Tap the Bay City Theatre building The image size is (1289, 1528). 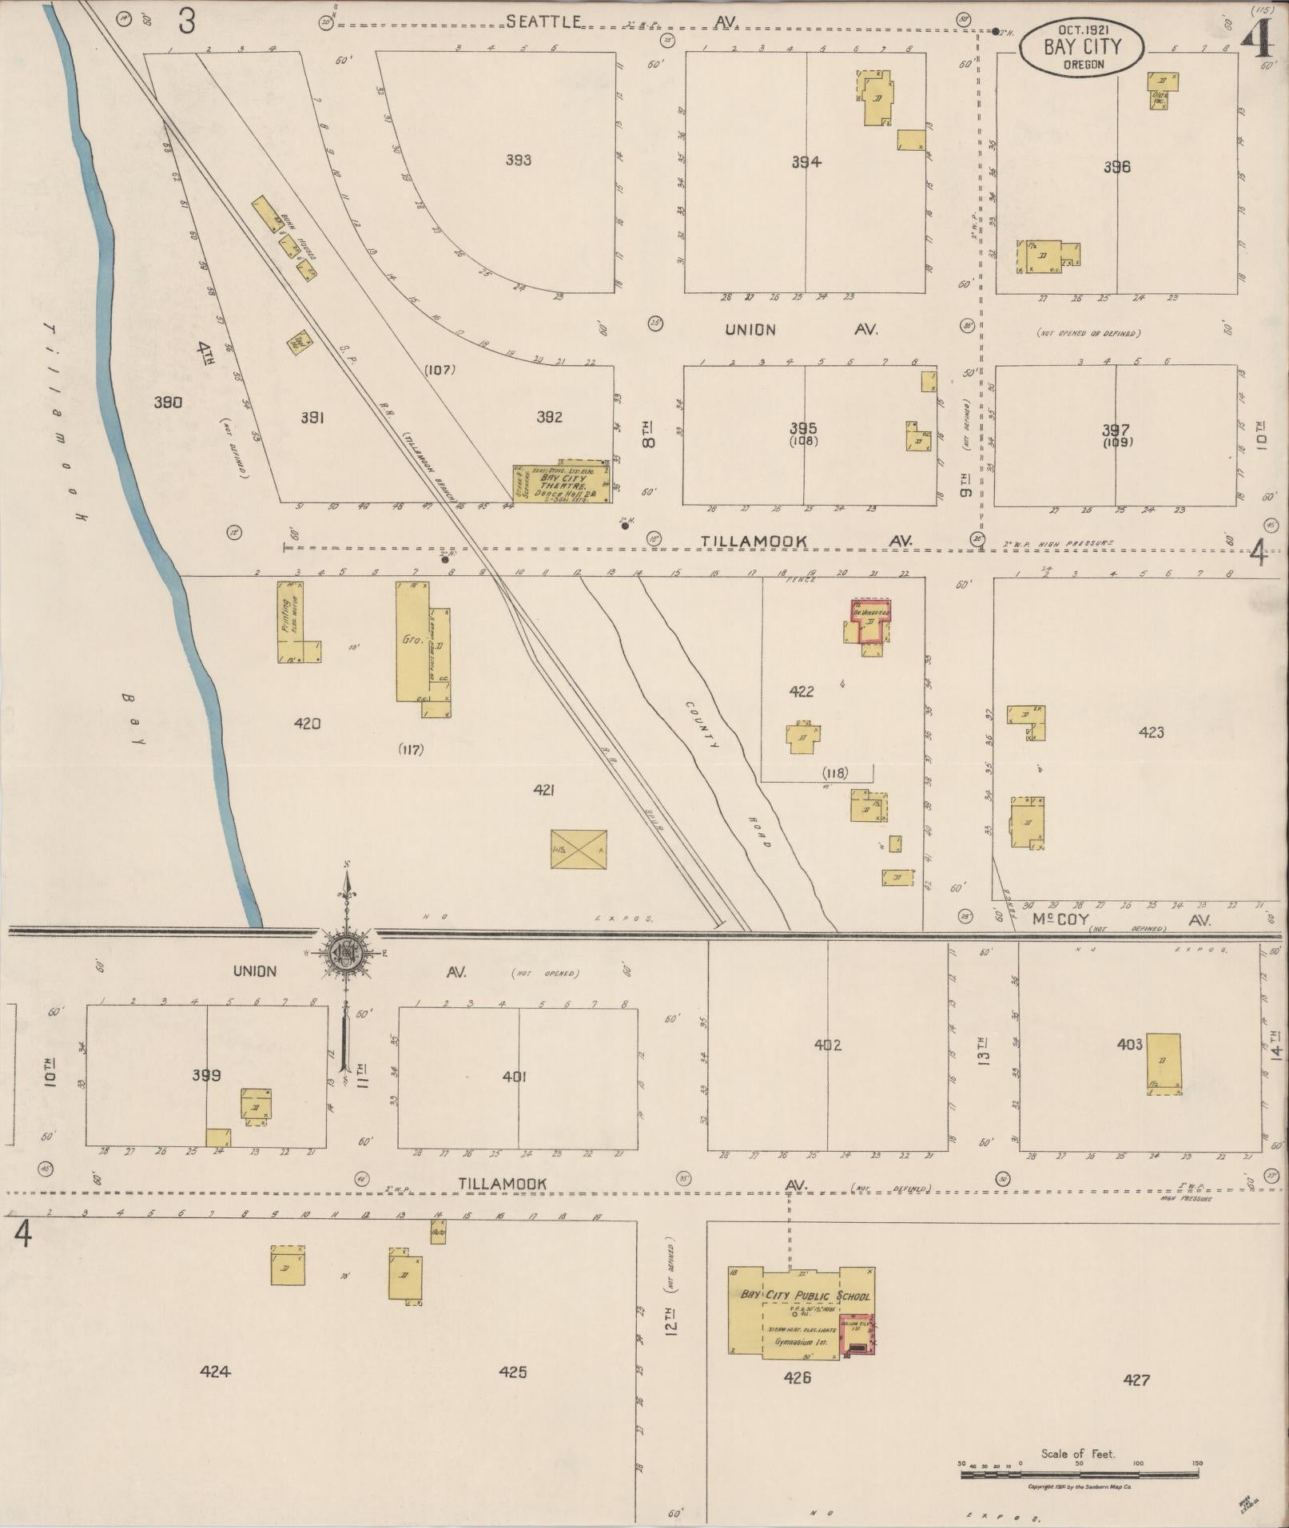(562, 482)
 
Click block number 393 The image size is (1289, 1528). (518, 160)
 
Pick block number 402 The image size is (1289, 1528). (828, 1044)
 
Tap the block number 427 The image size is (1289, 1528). (1136, 1379)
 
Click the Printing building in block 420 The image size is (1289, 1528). (292, 621)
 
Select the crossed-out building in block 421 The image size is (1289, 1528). (579, 850)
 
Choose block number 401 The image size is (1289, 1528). (515, 1076)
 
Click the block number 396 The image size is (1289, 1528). (1116, 167)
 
